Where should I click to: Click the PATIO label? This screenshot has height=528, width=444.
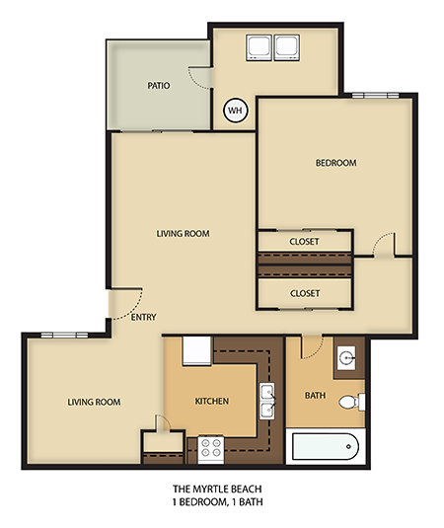(x=159, y=86)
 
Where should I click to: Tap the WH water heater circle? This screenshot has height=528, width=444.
(x=235, y=112)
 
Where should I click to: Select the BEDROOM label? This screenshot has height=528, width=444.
(x=335, y=163)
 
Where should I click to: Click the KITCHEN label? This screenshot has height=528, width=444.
(x=211, y=402)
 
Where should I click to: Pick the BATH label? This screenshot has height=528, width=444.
(x=315, y=396)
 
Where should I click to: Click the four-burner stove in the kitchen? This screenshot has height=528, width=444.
(x=211, y=449)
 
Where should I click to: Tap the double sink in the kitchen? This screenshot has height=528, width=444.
(x=266, y=403)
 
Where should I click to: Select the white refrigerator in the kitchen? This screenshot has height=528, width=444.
(x=195, y=349)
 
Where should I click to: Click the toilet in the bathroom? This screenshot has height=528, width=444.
(x=349, y=403)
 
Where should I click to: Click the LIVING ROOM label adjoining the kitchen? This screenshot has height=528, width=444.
(x=94, y=402)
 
